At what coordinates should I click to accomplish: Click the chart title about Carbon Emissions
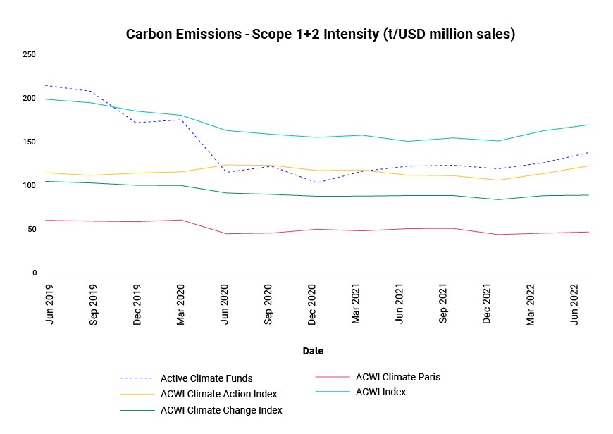coord(320,34)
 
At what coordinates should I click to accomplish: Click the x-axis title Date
coord(313,351)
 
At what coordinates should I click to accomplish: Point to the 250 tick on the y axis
coord(29,54)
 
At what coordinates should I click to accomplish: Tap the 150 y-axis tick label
coord(29,142)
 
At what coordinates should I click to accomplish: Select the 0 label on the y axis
coord(35,273)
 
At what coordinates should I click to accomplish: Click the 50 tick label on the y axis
coord(32,229)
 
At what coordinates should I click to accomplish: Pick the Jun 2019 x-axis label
coord(49,304)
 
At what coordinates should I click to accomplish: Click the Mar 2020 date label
coord(180,304)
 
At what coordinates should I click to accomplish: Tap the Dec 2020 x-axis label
coord(311,304)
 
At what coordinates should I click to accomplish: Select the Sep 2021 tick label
coord(442,304)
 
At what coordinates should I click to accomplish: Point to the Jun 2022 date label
coord(574,304)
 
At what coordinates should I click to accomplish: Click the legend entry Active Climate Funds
coord(206,378)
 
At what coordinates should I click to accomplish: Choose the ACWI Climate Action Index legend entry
coord(218,394)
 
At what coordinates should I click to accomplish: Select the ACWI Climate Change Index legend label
coord(221,410)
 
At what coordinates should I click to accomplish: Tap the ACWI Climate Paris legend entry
coord(398,377)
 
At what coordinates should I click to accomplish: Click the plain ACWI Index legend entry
coord(380,392)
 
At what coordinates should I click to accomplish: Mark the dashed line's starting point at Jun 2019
coord(46,85)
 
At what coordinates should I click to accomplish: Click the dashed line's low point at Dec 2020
coord(316,182)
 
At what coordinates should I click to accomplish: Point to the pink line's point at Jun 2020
coord(226,234)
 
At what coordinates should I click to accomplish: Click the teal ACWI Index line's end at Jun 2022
coord(589,125)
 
